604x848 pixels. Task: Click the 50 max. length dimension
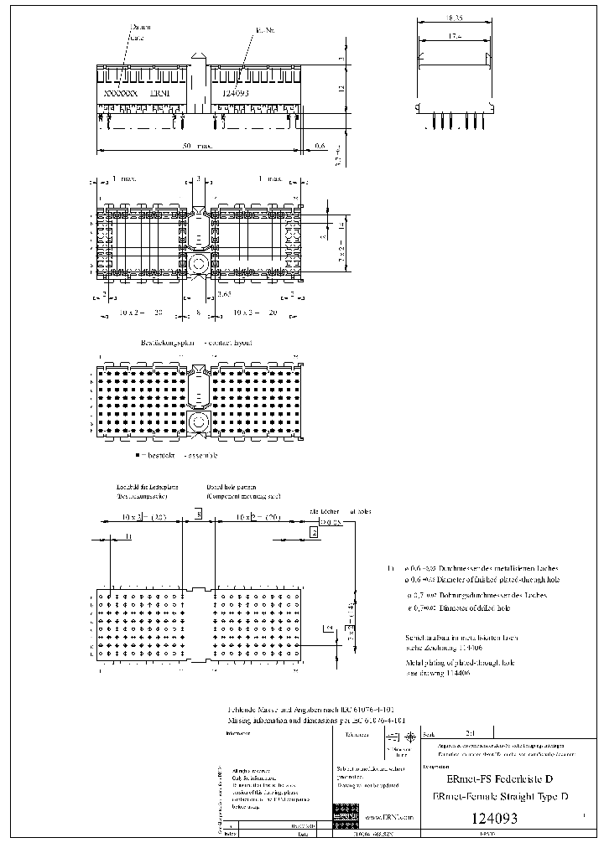coord(196,146)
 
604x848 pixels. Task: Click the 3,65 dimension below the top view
coord(224,294)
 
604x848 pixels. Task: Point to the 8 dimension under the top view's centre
coord(199,312)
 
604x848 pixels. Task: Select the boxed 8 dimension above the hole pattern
coord(199,514)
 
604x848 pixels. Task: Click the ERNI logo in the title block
coord(344,812)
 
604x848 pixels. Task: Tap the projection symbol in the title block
coord(398,737)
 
